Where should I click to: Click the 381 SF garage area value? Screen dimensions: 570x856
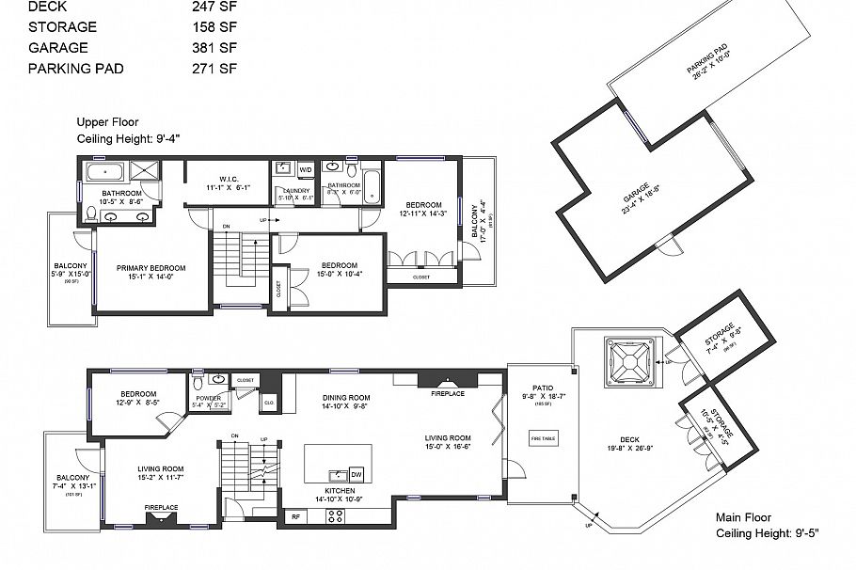pyautogui.click(x=214, y=47)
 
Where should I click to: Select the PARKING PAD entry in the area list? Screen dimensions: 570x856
pyautogui.click(x=75, y=69)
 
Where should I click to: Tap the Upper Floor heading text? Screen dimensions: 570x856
pyautogui.click(x=107, y=122)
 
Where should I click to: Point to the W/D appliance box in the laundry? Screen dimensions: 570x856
pyautogui.click(x=305, y=169)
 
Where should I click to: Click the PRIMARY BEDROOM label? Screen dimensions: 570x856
pyautogui.click(x=151, y=268)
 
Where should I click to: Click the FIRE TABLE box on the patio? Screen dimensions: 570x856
pyautogui.click(x=543, y=439)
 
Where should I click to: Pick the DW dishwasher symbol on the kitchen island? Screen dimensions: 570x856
pyautogui.click(x=356, y=474)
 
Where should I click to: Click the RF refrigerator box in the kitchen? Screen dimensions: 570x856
pyautogui.click(x=295, y=516)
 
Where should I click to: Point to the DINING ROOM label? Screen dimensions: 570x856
pyautogui.click(x=345, y=398)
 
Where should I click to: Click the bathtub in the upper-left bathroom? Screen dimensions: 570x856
pyautogui.click(x=103, y=171)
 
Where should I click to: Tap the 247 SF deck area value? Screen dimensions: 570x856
pyautogui.click(x=214, y=6)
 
